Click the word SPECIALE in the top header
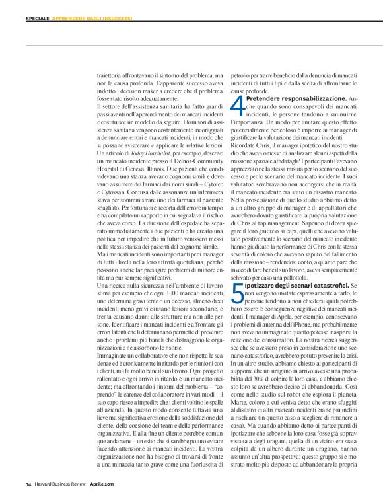click(37, 19)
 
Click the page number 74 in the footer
click(28, 484)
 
